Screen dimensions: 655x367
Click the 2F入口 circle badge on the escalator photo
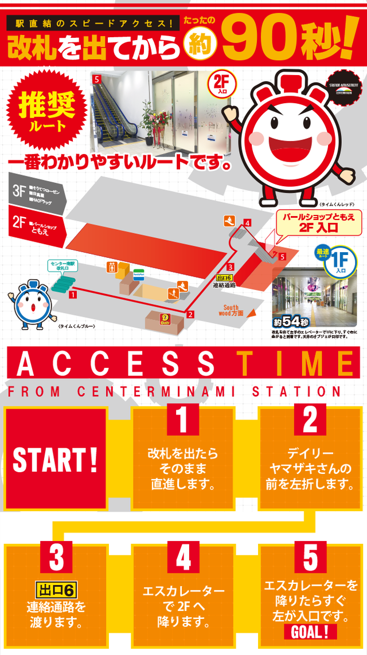(220, 85)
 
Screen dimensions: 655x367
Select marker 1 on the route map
(72, 295)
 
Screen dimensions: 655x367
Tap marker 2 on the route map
(190, 313)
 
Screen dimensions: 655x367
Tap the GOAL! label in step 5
(310, 632)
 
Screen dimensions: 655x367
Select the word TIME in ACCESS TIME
(296, 363)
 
